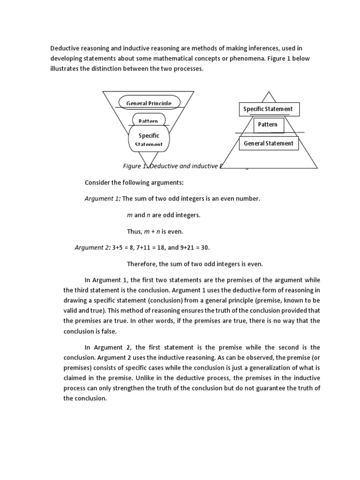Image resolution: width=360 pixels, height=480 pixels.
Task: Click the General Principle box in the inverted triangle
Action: coord(149,103)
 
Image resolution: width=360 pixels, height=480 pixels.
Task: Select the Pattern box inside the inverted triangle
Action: coord(149,120)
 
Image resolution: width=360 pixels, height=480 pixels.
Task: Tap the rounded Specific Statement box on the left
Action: coord(149,139)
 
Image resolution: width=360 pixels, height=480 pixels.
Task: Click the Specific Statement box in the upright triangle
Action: coord(268,109)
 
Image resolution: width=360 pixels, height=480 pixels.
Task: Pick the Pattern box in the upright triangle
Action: coord(268,125)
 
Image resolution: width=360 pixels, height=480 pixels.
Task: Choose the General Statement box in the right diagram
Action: coord(269,143)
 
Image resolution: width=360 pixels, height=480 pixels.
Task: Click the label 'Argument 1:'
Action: coord(102,199)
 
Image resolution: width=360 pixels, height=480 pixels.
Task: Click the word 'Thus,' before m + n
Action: coord(135,231)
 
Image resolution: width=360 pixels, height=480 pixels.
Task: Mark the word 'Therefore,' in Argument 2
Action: coord(142,263)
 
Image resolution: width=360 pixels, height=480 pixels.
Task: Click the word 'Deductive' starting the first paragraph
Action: coord(66,48)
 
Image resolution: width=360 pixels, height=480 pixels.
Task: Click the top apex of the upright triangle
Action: coord(268,92)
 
